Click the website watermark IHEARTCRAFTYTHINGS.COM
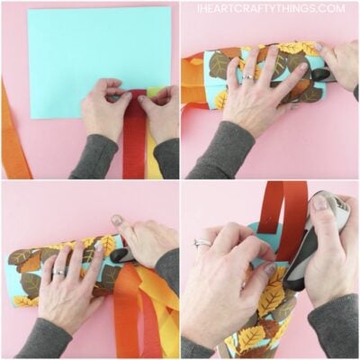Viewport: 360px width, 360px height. [271, 8]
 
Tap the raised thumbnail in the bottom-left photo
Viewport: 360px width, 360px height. [117, 220]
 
